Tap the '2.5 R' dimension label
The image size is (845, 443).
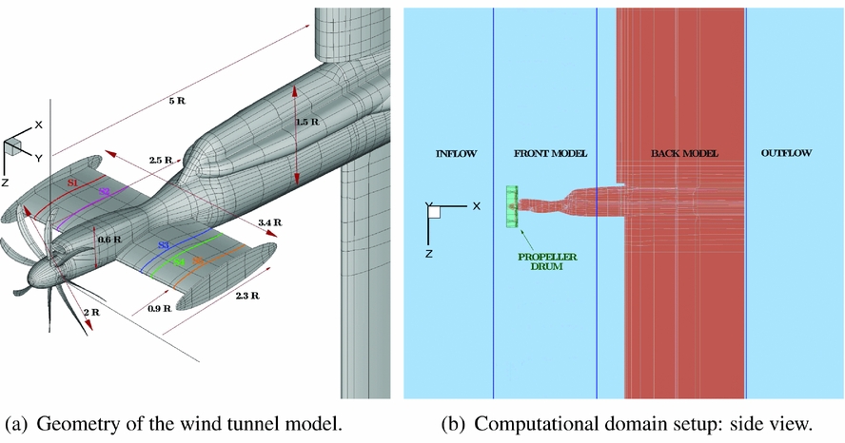[x=160, y=162]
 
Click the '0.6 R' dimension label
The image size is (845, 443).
[x=110, y=240]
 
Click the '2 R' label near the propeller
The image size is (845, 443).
[x=93, y=313]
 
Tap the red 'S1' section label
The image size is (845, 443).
[x=72, y=181]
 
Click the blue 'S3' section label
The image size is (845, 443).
[x=163, y=245]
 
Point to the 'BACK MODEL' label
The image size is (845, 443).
[x=683, y=153]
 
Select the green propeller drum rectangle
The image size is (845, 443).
[x=512, y=206]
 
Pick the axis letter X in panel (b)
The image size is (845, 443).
[x=475, y=205]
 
